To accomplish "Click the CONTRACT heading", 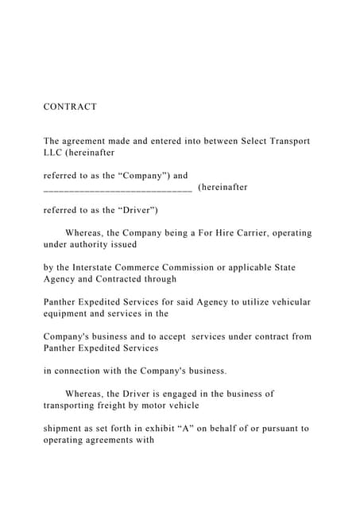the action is (x=70, y=107).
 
